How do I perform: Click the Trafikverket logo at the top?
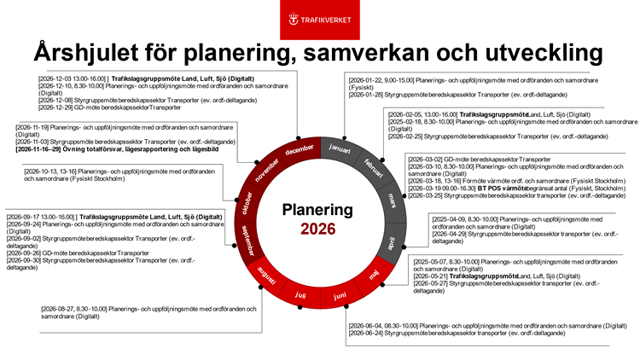[x=319, y=18]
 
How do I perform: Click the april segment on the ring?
[x=393, y=242]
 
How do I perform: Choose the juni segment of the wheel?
[x=340, y=295]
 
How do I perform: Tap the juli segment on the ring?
[x=300, y=295]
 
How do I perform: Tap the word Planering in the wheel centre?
[x=319, y=209]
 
